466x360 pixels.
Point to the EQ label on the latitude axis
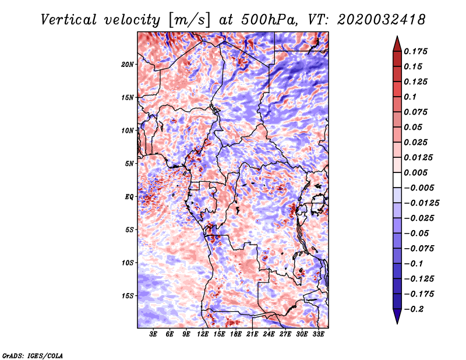[x=129, y=197]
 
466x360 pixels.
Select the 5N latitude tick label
[x=129, y=164]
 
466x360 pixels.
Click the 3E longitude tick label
[x=154, y=334]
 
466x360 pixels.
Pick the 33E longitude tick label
[x=319, y=334]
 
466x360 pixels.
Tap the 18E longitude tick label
[x=236, y=334]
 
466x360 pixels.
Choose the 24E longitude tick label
[x=269, y=334]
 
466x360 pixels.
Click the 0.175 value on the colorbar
[x=417, y=51]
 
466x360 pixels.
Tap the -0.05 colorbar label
[x=417, y=233]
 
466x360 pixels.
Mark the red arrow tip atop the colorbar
[x=397, y=39]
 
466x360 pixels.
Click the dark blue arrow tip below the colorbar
[x=397, y=320]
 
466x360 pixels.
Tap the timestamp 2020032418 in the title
[x=373, y=20]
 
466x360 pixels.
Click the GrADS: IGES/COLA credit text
[x=32, y=355]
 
